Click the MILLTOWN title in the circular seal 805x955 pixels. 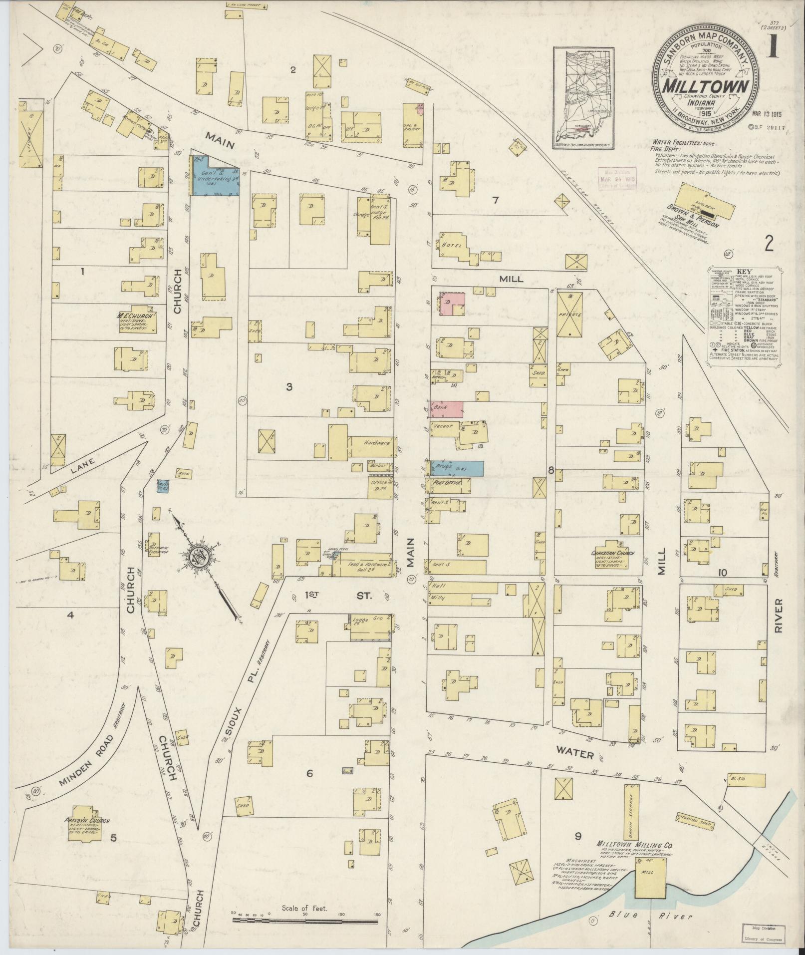[705, 86]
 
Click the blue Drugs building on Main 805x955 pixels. [457, 468]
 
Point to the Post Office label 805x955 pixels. [446, 483]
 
